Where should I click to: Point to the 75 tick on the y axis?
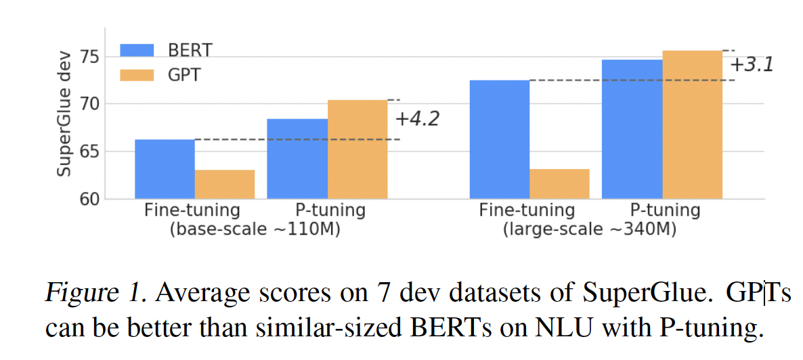click(x=90, y=57)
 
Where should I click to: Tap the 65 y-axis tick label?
click(x=90, y=152)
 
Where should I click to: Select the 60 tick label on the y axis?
click(x=90, y=199)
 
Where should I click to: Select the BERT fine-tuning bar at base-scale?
click(x=165, y=169)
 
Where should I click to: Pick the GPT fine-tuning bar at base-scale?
click(x=225, y=184)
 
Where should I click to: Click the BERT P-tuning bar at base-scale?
click(x=297, y=159)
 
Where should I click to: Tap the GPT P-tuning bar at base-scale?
click(x=357, y=150)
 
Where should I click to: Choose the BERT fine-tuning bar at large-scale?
click(x=500, y=139)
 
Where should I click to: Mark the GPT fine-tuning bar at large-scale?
click(x=559, y=184)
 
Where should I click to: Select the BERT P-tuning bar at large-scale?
click(x=632, y=129)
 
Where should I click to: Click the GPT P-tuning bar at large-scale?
click(x=692, y=125)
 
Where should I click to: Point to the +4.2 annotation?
click(x=417, y=119)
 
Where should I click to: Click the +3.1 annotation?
click(x=751, y=65)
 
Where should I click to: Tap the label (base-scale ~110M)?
click(x=254, y=229)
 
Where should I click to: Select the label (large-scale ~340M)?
click(x=589, y=229)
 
